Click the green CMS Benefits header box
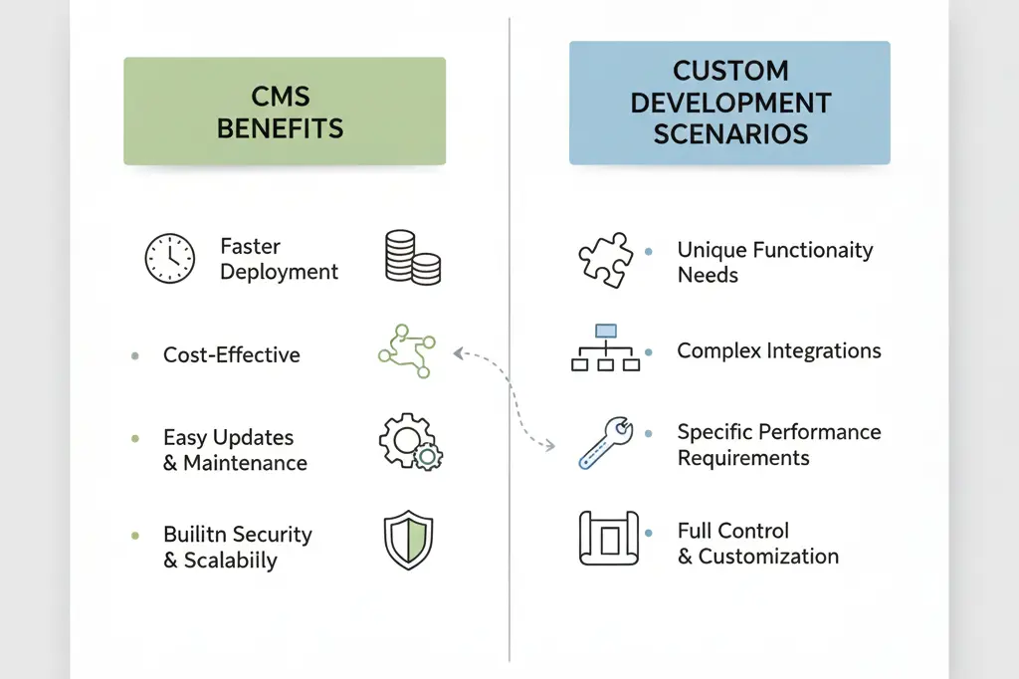(284, 111)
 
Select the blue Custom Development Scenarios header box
(729, 103)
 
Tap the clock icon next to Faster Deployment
(169, 259)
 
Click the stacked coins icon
(412, 257)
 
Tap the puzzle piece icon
(605, 261)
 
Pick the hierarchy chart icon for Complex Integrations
(605, 348)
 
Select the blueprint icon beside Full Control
(605, 538)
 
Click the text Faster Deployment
(279, 259)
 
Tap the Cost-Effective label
(231, 354)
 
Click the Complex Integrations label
(778, 350)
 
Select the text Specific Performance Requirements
(778, 445)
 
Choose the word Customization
(768, 557)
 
